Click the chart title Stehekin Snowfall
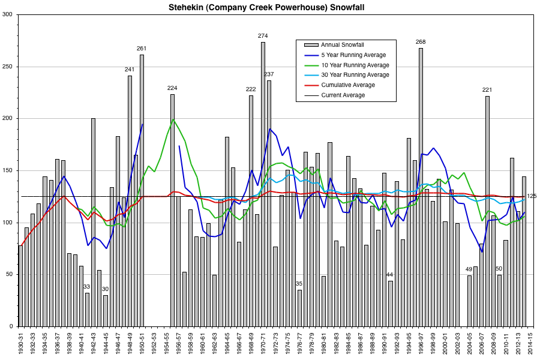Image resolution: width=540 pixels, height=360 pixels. coord(271,7)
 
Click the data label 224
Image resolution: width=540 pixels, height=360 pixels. coord(172,88)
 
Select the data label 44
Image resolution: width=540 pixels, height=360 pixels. coord(389,274)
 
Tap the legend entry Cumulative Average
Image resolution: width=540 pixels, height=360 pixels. coord(348,85)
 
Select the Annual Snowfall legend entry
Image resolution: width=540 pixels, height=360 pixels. coord(343,44)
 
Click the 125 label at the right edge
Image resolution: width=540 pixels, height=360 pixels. coord(532,196)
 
